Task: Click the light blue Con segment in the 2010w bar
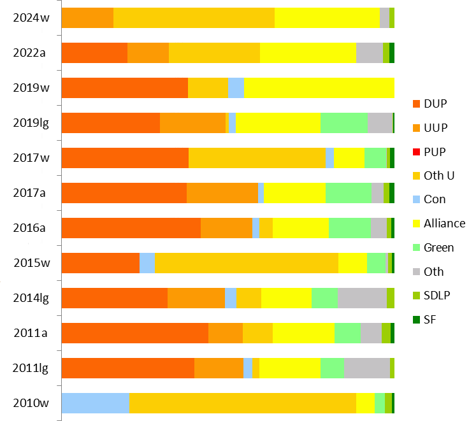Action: tap(96, 403)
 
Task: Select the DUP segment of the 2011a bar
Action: tap(134, 333)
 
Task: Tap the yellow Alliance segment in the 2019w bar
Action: tap(319, 88)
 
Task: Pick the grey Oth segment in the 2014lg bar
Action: tap(361, 298)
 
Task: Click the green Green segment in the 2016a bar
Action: tap(349, 228)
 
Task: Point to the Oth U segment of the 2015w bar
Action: tap(247, 263)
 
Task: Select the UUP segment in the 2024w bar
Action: tap(87, 18)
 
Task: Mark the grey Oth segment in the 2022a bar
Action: tap(370, 53)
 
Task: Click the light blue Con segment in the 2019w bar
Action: tap(236, 88)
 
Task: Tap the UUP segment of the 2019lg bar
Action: tap(192, 123)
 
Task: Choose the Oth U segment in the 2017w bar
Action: tap(257, 158)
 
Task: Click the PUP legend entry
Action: tap(435, 152)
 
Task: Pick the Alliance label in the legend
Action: tap(444, 223)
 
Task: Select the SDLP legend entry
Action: tap(437, 295)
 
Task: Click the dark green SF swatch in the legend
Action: tap(417, 319)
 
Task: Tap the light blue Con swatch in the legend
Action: tap(417, 199)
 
